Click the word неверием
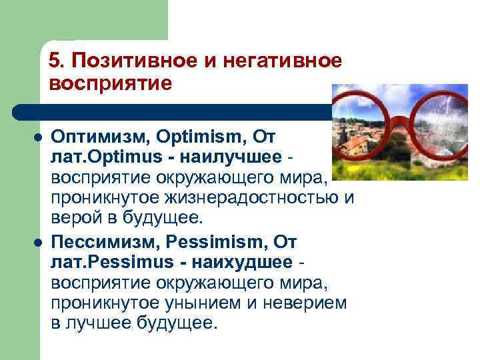302,303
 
